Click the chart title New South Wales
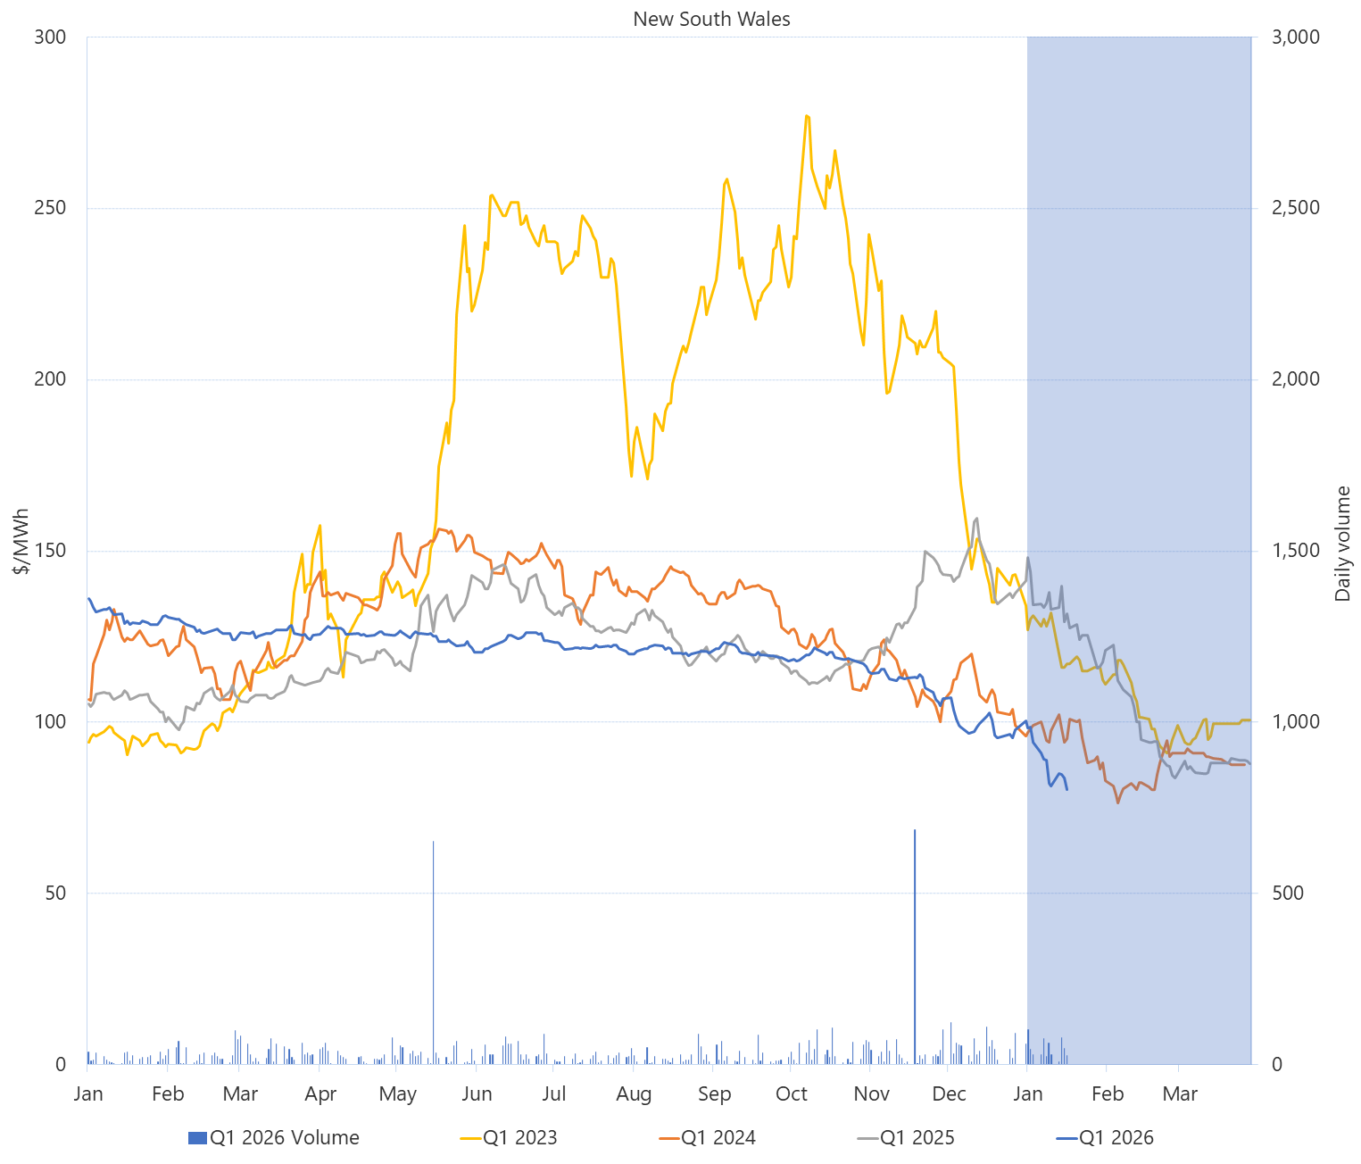click(711, 19)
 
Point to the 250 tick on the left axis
click(51, 208)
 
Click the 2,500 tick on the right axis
click(1295, 208)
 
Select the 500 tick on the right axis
click(1286, 893)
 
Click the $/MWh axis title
click(21, 541)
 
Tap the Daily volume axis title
click(1342, 543)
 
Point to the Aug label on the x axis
click(634, 1094)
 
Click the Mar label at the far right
click(1180, 1094)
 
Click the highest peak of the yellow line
click(807, 116)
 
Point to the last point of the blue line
click(1067, 790)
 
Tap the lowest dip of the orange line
click(1117, 802)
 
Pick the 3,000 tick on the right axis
click(1295, 37)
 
